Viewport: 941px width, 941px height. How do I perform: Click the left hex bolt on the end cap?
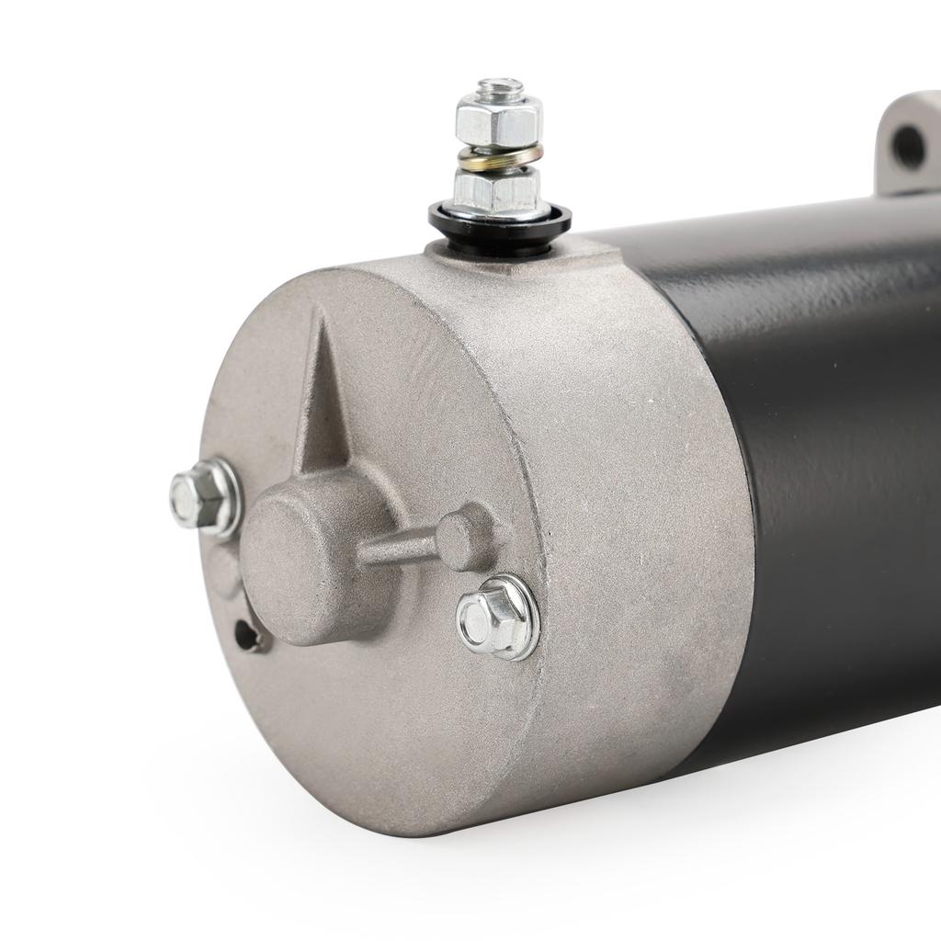[203, 497]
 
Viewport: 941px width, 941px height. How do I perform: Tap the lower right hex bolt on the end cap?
[497, 618]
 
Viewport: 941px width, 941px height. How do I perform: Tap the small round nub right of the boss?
[466, 536]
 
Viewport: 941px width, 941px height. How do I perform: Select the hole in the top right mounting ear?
[908, 145]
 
